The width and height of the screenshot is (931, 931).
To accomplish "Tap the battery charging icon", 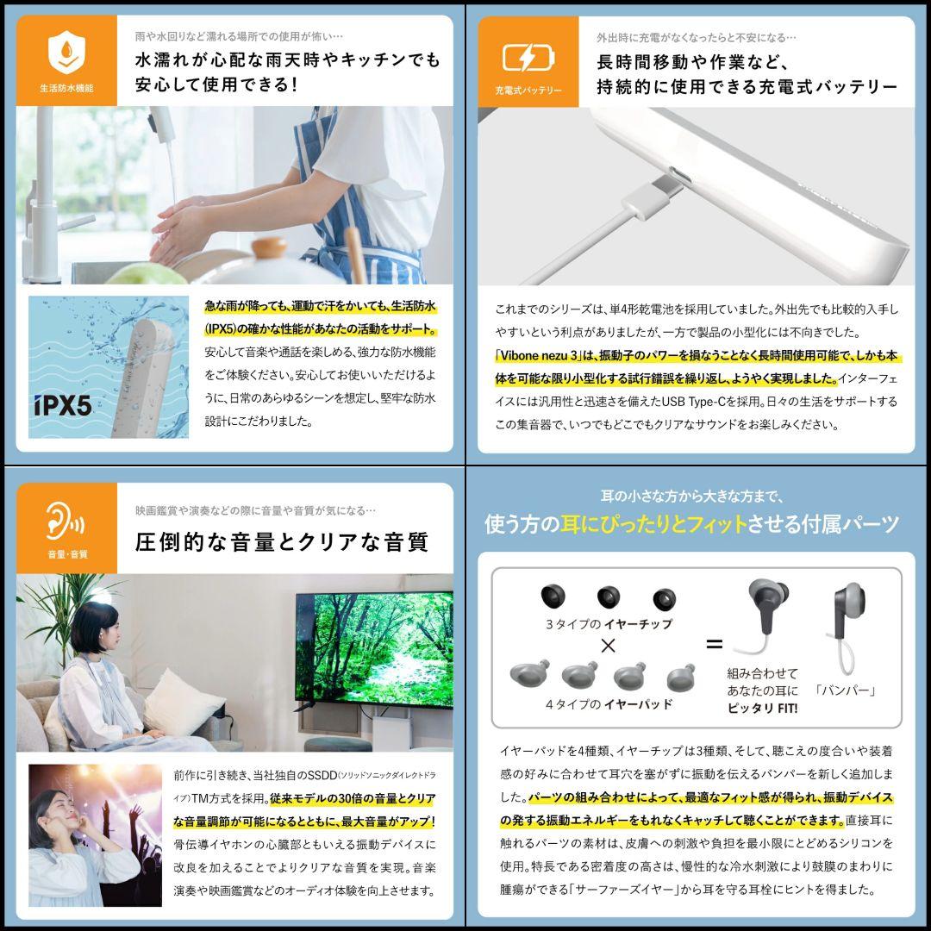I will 528,57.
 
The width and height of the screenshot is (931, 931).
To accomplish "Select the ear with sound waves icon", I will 66,520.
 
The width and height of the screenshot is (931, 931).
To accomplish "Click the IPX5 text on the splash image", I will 64,406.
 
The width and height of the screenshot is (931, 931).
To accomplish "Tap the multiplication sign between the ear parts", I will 607,646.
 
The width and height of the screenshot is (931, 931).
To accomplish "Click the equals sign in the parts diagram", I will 714,644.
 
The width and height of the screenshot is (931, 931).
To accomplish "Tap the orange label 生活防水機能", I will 66,89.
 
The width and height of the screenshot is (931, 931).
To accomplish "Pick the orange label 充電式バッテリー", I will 528,90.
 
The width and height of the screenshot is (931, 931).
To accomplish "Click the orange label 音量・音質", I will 66,554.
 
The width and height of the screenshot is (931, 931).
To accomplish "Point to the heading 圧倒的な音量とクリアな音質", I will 282,542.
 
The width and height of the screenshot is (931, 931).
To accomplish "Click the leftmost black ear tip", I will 553,595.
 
